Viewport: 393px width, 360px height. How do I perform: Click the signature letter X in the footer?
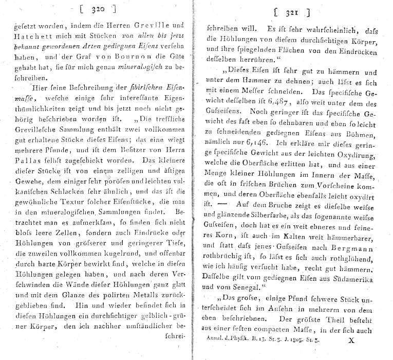(351, 340)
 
